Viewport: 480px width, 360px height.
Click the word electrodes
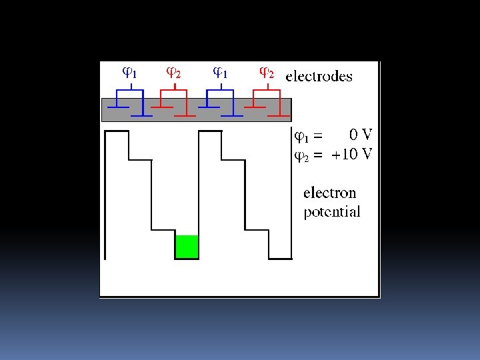pos(319,76)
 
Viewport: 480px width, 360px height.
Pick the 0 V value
pos(361,135)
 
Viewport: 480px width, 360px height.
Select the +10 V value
pos(353,155)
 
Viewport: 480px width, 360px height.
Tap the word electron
pos(329,193)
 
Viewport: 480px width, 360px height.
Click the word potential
pos(331,213)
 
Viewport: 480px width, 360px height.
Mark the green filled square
pos(187,247)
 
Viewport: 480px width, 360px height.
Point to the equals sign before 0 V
pos(317,137)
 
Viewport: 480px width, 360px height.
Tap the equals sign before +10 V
pos(317,156)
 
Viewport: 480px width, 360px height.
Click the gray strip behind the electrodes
pos(197,110)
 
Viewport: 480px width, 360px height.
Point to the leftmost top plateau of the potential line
pos(117,131)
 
